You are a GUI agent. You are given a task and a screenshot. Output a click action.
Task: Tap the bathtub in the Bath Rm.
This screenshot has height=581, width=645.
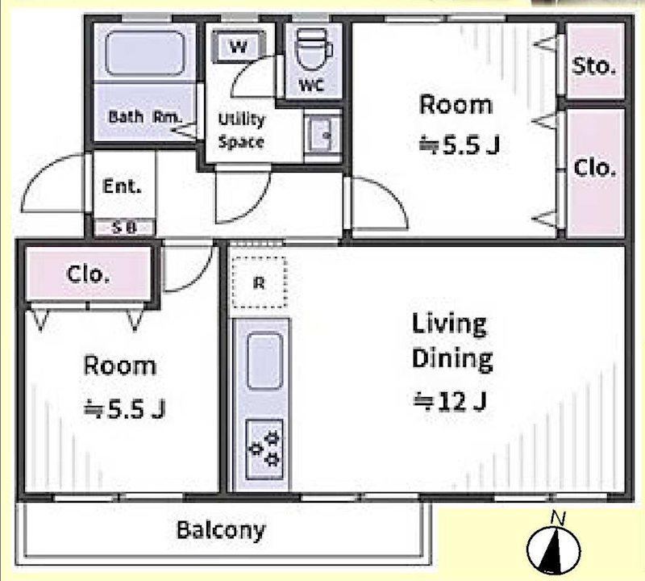(x=144, y=53)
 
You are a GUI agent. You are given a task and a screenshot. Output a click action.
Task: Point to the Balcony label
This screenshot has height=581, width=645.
(x=220, y=531)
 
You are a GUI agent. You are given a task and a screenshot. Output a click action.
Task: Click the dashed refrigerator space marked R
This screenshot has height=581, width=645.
(x=260, y=282)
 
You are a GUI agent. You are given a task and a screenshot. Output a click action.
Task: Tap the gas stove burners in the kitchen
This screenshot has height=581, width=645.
(x=264, y=449)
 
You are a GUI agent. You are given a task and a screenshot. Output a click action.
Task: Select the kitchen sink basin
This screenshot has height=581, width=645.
(x=265, y=362)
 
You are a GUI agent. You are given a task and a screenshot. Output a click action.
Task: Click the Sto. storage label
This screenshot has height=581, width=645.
(x=594, y=66)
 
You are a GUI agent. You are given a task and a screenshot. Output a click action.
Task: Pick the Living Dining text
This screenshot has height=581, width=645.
(x=452, y=342)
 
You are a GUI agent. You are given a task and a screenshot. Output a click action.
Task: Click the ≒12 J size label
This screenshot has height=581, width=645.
(x=450, y=401)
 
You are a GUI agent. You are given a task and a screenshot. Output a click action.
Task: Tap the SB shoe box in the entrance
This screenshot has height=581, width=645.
(x=125, y=228)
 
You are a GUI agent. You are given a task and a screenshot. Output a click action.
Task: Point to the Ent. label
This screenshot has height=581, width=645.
(x=122, y=186)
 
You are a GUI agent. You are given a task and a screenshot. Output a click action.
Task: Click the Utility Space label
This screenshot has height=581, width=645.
(x=241, y=131)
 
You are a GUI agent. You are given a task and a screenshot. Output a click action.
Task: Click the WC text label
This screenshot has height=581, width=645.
(x=311, y=86)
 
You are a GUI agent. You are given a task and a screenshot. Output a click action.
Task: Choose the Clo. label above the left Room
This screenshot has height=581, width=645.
(x=88, y=274)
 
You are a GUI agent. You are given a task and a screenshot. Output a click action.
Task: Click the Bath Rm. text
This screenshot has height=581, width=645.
(x=145, y=117)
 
